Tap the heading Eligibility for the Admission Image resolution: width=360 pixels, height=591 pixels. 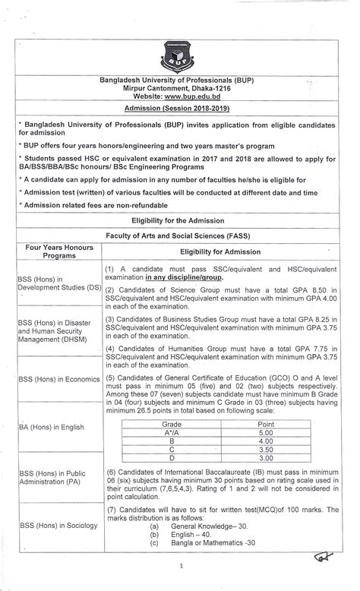click(179, 220)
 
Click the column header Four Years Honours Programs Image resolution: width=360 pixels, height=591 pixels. click(58, 252)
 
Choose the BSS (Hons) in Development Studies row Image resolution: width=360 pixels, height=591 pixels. click(58, 284)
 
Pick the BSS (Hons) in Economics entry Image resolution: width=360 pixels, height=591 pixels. click(58, 379)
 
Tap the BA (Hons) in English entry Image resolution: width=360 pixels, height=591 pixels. click(52, 427)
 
